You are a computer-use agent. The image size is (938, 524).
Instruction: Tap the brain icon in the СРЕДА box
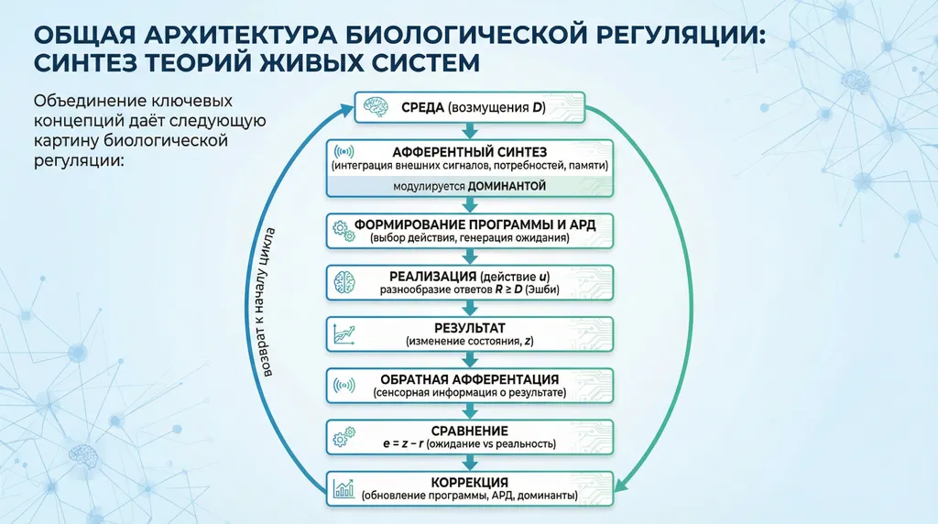[375, 106]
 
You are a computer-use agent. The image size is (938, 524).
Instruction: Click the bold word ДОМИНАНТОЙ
[507, 185]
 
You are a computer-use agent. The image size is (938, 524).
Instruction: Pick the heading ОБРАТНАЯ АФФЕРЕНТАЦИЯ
[469, 378]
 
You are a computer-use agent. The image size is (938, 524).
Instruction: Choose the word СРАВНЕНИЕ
[469, 430]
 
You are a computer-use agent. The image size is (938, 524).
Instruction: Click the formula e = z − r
[409, 444]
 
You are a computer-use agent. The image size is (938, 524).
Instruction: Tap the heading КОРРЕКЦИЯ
[469, 482]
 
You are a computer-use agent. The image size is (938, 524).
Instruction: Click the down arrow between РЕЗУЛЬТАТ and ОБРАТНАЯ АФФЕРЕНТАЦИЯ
[469, 359]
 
